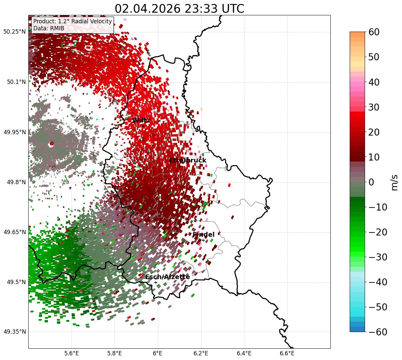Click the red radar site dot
[52, 143]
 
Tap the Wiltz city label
[141, 120]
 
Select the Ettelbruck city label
[188, 160]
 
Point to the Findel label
[203, 234]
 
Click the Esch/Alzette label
[168, 277]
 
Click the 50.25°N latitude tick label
[15, 32]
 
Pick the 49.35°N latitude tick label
[15, 332]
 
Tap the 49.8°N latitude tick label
[16, 182]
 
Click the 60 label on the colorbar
[374, 32]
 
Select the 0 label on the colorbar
[371, 182]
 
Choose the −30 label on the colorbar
[378, 257]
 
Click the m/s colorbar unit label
[394, 182]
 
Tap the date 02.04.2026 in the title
[148, 9]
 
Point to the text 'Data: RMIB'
[49, 28]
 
